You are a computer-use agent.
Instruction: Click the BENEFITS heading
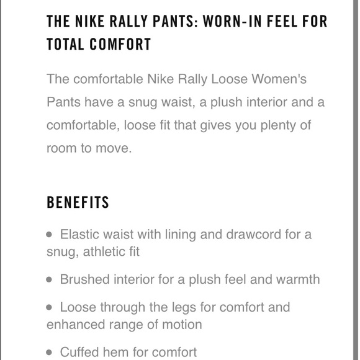click(78, 203)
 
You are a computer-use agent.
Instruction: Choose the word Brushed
click(84, 279)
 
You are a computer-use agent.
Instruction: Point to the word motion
click(182, 324)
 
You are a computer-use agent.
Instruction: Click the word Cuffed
click(81, 352)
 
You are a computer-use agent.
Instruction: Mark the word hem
click(120, 352)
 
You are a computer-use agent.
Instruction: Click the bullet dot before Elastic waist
click(50, 235)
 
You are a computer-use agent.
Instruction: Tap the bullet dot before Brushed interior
click(50, 279)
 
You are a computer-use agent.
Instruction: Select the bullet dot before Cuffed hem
click(50, 352)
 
